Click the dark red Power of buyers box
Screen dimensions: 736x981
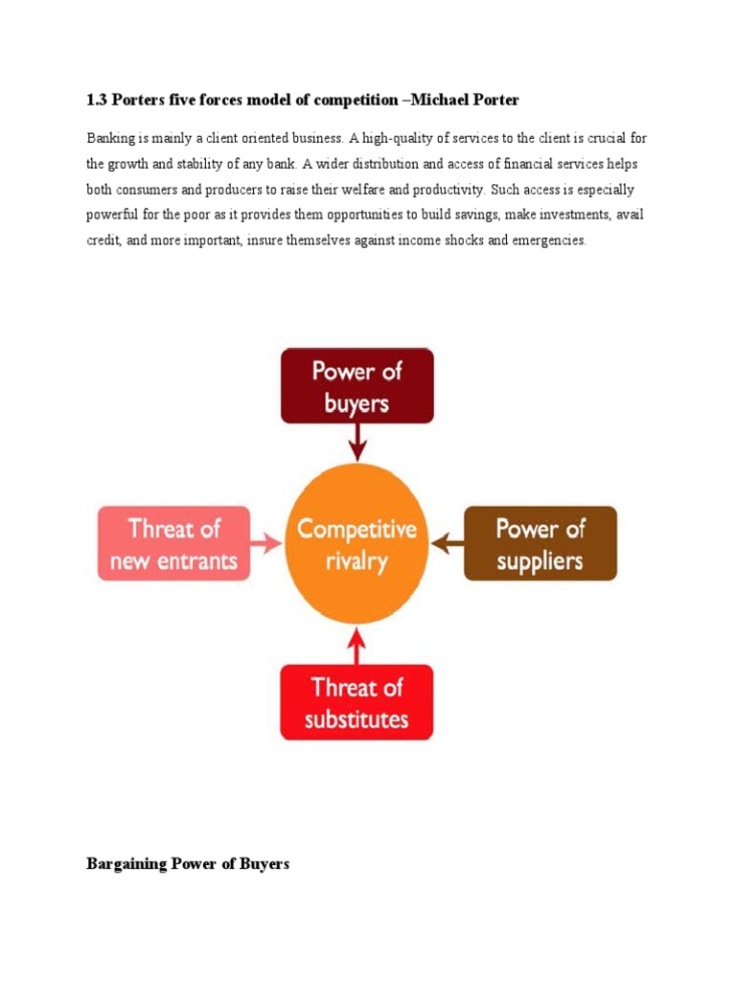(x=356, y=385)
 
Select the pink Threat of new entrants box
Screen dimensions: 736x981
(x=174, y=543)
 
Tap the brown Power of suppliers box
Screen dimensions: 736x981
(x=540, y=543)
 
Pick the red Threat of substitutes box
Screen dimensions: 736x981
(x=356, y=702)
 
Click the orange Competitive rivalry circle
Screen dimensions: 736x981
(x=356, y=543)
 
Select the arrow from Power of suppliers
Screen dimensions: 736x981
(x=447, y=543)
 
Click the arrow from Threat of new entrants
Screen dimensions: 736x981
(x=267, y=543)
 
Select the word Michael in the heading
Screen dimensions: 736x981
(x=444, y=100)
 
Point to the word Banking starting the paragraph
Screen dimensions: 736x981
(x=110, y=139)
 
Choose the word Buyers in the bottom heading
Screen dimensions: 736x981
(x=265, y=864)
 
